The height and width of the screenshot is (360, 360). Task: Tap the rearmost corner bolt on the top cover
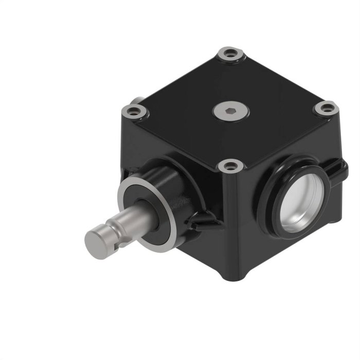tap(228, 53)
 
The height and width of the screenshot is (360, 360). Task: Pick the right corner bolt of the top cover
tap(325, 109)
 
